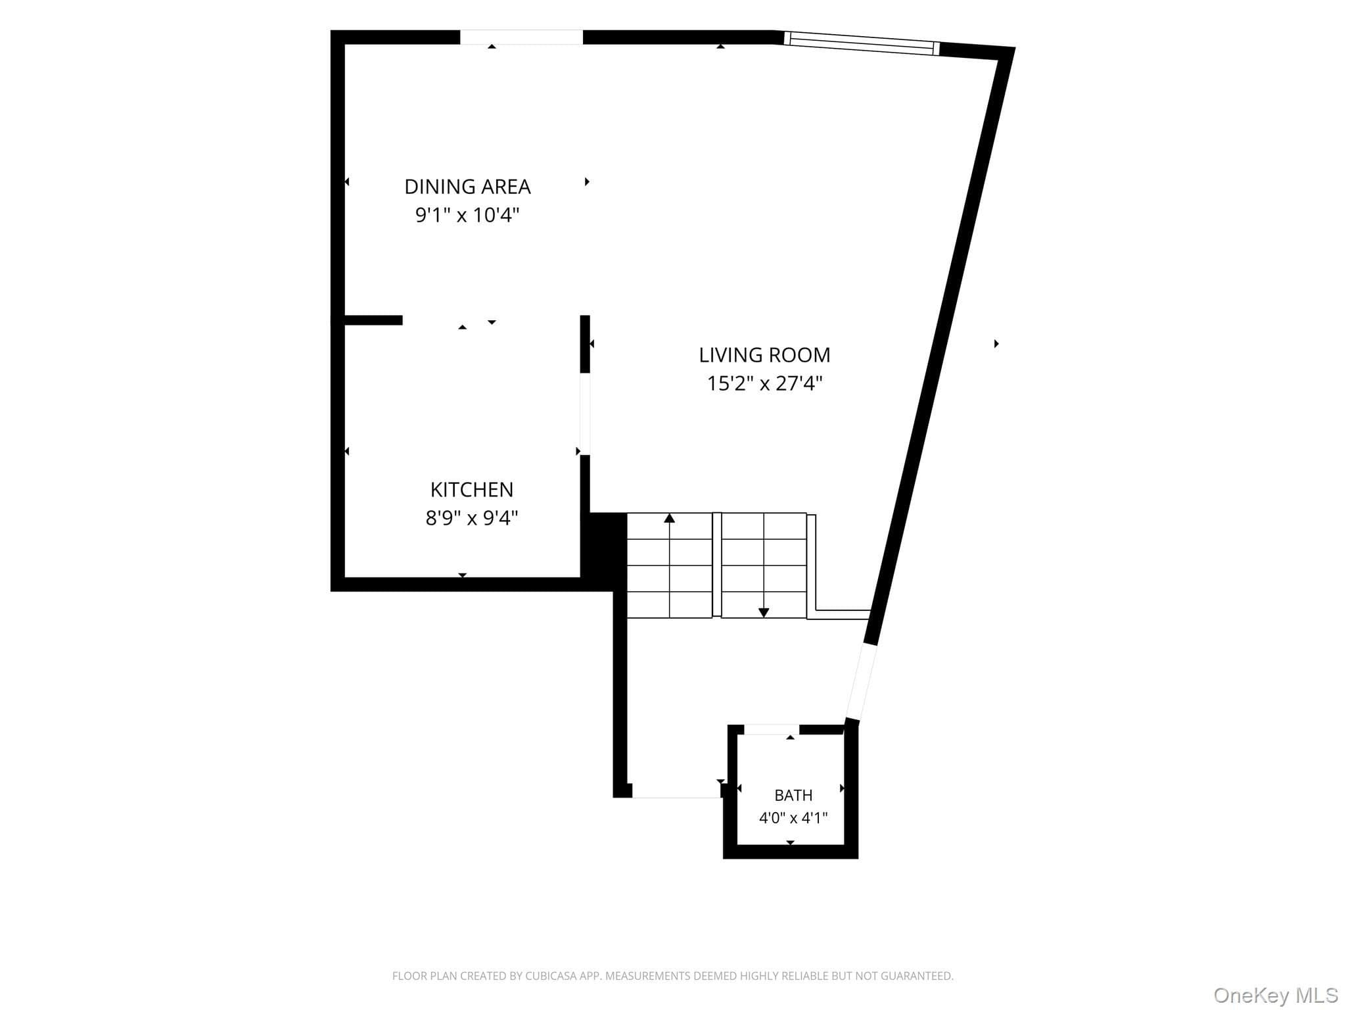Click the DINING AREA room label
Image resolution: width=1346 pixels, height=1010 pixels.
(467, 187)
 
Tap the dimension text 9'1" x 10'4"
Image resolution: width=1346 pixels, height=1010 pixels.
(467, 215)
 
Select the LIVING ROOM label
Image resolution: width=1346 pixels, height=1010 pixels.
(764, 355)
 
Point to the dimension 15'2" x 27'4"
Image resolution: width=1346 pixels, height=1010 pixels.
(764, 383)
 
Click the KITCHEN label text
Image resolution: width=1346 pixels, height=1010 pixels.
(471, 490)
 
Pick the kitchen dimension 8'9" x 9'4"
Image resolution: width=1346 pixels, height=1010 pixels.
(471, 518)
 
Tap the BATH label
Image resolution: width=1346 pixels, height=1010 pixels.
(793, 796)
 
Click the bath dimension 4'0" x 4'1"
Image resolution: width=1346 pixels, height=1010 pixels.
(793, 818)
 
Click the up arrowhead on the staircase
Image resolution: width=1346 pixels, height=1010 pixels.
(669, 518)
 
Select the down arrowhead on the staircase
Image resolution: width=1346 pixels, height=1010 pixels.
(764, 612)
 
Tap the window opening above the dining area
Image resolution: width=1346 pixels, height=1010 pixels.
(521, 37)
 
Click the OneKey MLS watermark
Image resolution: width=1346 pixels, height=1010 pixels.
(1275, 996)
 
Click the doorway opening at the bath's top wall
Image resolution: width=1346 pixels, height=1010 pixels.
(772, 730)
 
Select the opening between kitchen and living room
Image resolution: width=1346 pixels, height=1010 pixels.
(585, 414)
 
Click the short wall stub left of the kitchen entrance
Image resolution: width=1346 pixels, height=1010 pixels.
(373, 320)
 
